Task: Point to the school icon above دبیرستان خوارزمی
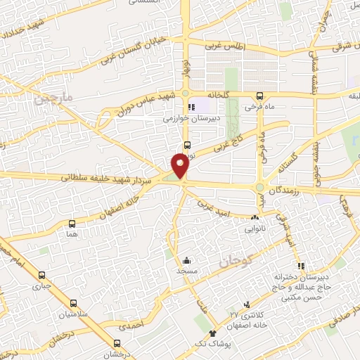coord(191,108)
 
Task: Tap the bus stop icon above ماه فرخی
coord(259,96)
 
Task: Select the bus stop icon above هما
coord(72,224)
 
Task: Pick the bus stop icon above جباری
coord(43,275)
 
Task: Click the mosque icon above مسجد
coord(186,260)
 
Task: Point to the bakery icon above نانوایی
coord(254,217)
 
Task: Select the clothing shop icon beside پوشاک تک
coord(212,330)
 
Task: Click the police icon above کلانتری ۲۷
coord(247,304)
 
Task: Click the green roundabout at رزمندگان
coord(259,187)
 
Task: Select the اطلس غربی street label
coord(224,46)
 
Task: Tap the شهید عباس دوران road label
coord(152,103)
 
